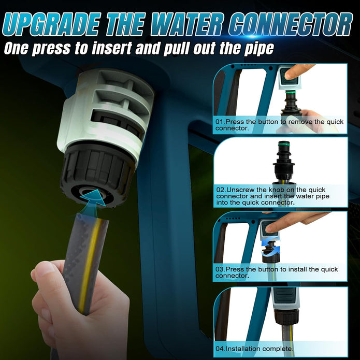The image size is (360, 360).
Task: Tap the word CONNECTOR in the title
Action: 291,24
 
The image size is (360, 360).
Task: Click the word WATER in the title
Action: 186,24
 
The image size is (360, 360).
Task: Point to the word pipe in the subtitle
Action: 258,49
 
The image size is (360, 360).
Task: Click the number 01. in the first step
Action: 220,122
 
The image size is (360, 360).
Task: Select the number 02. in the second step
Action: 221,190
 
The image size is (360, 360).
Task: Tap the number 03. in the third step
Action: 220,269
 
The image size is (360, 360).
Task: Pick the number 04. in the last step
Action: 220,349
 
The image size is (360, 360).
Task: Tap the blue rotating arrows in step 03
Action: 271,248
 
